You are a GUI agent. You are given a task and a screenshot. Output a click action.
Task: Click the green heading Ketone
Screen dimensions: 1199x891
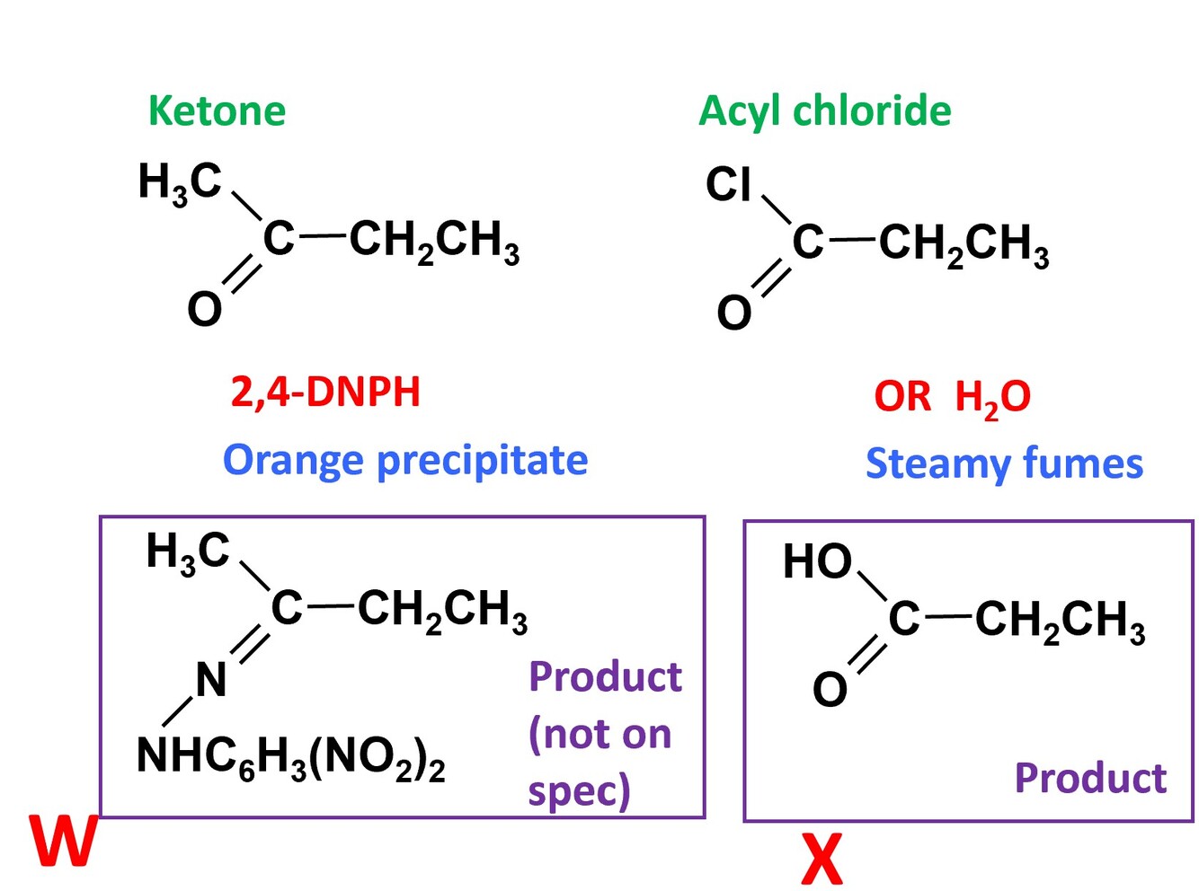[x=217, y=110]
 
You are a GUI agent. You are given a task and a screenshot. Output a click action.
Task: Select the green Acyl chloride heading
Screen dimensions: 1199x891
[x=824, y=112]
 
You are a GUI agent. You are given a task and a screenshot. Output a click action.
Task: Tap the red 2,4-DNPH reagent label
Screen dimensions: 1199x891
[x=325, y=393]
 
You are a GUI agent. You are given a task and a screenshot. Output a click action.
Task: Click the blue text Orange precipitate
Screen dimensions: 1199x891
[x=405, y=462]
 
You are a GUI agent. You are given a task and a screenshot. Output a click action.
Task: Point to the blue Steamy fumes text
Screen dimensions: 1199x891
[x=1004, y=464]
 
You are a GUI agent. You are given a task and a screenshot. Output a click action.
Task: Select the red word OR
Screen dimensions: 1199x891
[x=902, y=397]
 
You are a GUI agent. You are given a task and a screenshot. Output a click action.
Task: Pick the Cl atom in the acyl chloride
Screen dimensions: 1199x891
[x=729, y=184]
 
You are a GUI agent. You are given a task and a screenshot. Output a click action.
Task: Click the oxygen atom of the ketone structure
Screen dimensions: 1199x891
[x=204, y=310]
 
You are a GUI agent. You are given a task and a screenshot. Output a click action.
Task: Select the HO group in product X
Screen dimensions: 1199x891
[x=817, y=561]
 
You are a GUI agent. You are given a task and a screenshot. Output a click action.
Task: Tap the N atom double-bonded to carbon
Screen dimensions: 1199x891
[x=211, y=681]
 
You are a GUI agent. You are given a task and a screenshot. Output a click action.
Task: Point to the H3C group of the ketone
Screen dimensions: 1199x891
[x=180, y=183]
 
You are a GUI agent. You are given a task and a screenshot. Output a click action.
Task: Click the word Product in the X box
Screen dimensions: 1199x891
[x=1090, y=779]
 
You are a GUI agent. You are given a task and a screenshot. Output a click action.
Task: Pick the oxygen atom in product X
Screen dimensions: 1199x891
[x=830, y=690]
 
